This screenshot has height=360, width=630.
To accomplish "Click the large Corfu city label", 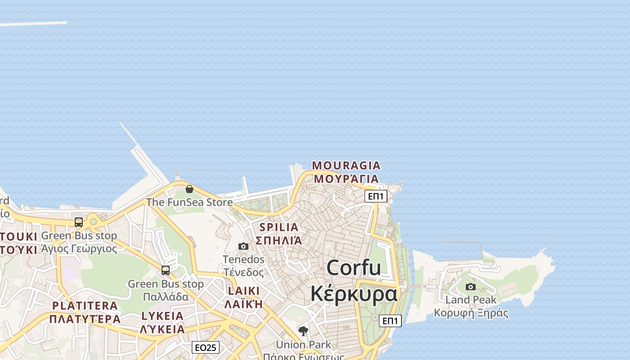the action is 354,268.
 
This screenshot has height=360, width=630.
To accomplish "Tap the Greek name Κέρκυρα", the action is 354,294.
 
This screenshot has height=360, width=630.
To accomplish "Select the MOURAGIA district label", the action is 346,166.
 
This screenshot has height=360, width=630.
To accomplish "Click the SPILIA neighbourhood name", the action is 279,227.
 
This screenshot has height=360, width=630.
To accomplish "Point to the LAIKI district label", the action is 243,291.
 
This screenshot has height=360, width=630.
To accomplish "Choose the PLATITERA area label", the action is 85,306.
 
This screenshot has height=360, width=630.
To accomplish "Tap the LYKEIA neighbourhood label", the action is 162,316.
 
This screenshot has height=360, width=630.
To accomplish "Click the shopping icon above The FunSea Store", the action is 189,189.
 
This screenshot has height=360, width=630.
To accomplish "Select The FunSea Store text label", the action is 189,202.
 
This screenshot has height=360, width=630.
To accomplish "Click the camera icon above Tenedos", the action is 243,246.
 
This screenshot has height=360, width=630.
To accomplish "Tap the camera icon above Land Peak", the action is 471,287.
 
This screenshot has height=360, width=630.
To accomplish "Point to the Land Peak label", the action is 471,300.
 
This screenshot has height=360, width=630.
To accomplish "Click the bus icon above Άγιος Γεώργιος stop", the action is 79,222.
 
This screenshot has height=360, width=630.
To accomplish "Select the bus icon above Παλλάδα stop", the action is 166,270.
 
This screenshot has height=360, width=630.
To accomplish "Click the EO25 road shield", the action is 206,347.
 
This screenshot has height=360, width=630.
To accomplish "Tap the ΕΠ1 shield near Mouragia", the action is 376,196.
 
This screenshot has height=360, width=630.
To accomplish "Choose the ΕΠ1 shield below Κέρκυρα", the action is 390,321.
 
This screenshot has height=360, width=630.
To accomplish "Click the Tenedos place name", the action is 243,260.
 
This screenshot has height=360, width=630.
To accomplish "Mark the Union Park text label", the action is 303,345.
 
